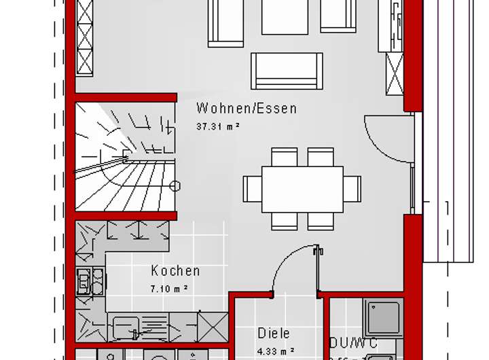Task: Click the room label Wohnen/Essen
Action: (x=246, y=109)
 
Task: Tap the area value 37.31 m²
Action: (x=217, y=126)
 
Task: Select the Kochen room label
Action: (x=175, y=271)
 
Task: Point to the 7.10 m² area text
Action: (x=168, y=288)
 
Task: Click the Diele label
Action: (x=274, y=334)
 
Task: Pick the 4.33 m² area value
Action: (x=275, y=350)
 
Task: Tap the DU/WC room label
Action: (x=353, y=343)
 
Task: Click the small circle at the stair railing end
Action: (x=176, y=185)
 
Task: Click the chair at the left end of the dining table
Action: (x=253, y=189)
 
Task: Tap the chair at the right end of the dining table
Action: (x=352, y=188)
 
